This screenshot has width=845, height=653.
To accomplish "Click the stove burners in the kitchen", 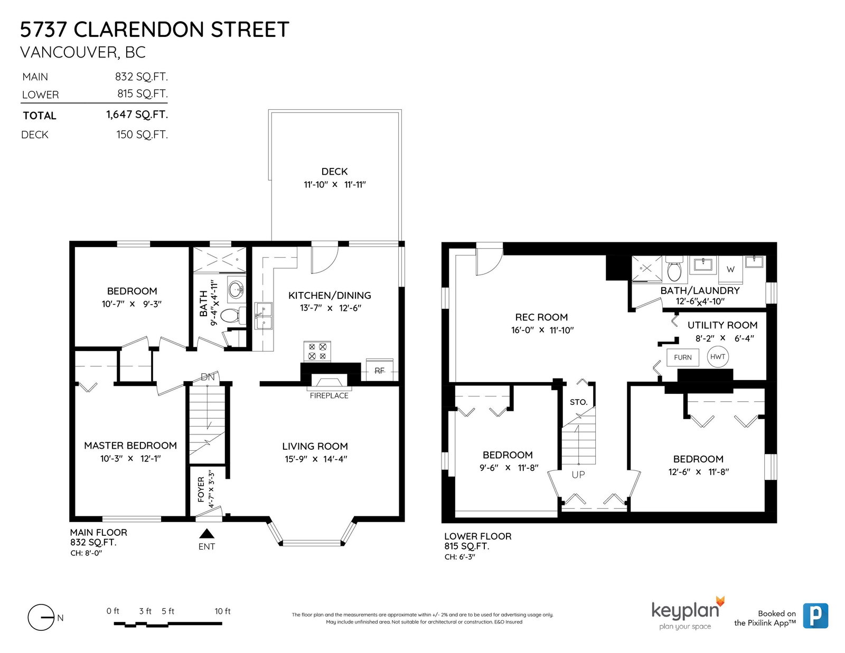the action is point(317,351).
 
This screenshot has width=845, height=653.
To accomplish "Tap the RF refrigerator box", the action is point(380,371).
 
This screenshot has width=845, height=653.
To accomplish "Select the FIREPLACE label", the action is point(329,396).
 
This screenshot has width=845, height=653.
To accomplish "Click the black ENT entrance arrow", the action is point(206,533).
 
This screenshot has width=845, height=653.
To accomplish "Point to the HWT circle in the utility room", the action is point(717,356).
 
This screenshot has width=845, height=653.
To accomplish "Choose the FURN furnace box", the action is point(682,357).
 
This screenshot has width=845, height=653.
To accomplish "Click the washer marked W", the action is point(730,269).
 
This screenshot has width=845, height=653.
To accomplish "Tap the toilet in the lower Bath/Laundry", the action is point(674,268).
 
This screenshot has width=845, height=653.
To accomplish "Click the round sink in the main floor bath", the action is point(237,289).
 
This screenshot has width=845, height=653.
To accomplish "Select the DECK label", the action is point(334,172).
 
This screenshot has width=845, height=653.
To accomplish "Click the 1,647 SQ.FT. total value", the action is point(137,115).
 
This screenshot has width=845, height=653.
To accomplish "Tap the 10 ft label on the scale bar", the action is point(222,611).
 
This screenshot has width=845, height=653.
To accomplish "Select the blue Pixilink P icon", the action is point(815,616).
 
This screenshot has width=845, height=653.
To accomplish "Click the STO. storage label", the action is point(579,402).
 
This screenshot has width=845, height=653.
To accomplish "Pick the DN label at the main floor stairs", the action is point(208,376).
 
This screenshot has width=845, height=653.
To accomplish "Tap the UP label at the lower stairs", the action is point(578,475).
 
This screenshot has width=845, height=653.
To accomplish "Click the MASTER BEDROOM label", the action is point(130,446).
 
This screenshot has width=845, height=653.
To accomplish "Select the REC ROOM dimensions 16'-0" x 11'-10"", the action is point(542,330).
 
